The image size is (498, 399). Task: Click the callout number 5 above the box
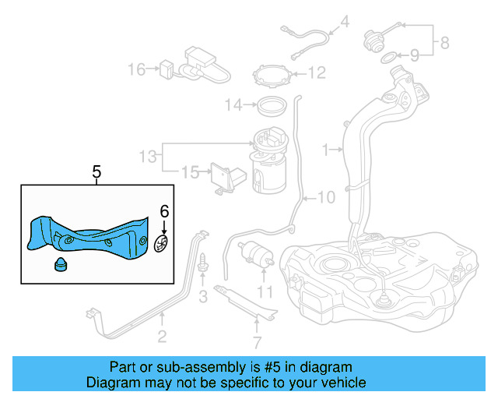click(x=96, y=172)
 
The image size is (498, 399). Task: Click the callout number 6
click(x=163, y=210)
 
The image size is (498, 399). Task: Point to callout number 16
click(x=137, y=69)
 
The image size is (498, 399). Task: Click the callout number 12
click(x=316, y=74)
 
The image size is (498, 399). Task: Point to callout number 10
click(x=326, y=197)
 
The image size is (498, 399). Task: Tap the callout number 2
click(x=162, y=337)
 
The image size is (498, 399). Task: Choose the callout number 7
click(x=258, y=341)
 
